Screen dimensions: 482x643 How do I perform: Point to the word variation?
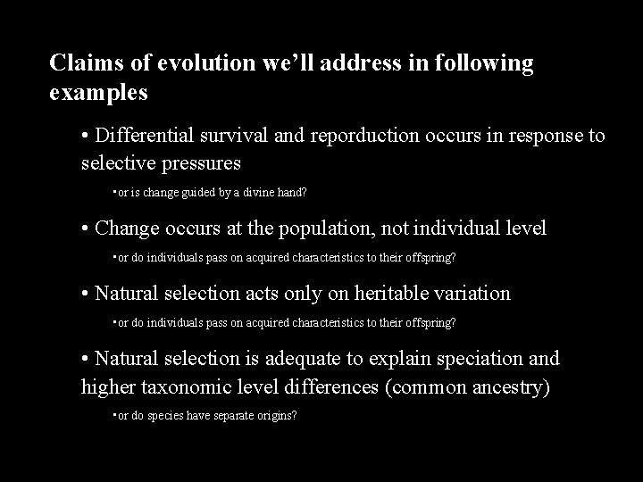tap(468, 293)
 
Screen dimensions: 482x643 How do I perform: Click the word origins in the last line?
tap(276, 416)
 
